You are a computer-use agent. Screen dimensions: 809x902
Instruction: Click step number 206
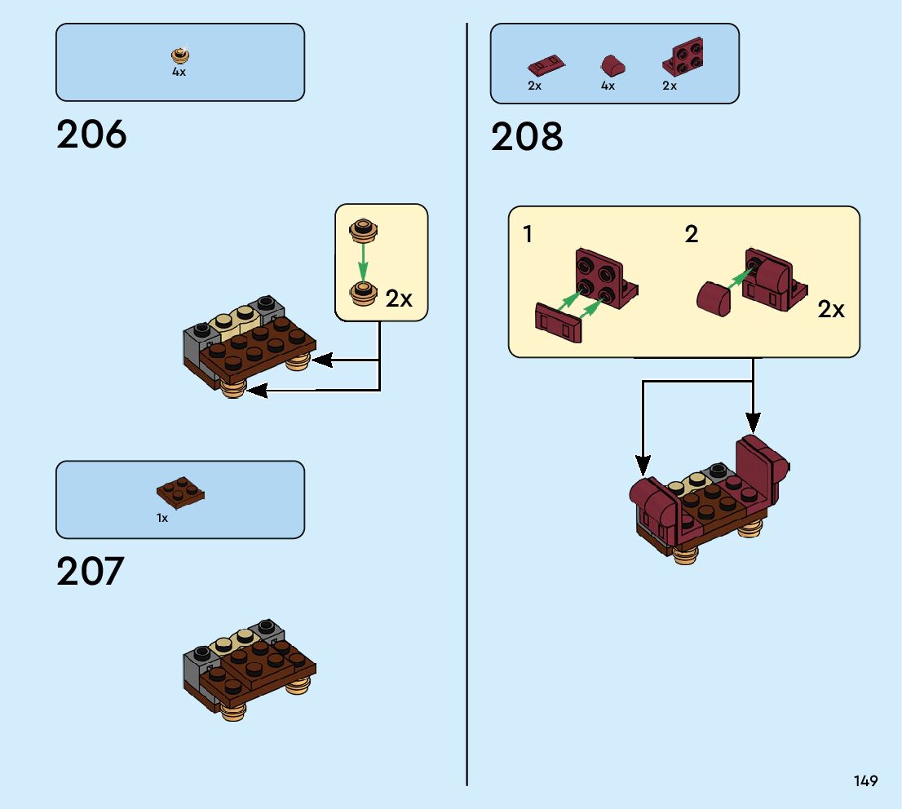tap(91, 135)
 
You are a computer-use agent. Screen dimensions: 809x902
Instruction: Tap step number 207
tap(90, 572)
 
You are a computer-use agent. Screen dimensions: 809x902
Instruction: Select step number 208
tap(527, 137)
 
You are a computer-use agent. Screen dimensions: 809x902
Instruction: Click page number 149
tap(866, 780)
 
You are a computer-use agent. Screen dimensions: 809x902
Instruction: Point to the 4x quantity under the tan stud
tap(179, 72)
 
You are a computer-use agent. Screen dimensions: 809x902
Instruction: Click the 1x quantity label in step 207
tap(162, 518)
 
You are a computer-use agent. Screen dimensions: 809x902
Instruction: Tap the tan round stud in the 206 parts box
tap(179, 55)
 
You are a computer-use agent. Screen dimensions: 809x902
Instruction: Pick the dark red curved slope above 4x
tap(608, 64)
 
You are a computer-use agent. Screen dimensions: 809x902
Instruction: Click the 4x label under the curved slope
tap(608, 86)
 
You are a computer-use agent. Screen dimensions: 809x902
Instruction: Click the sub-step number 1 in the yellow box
tap(528, 235)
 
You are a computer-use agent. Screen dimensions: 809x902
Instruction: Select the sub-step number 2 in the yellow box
tap(692, 235)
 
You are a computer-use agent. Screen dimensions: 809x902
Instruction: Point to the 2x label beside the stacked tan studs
tap(399, 298)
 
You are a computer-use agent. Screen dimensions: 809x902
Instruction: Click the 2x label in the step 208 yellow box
tap(831, 309)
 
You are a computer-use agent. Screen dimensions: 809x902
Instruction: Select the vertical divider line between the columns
tap(466, 408)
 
